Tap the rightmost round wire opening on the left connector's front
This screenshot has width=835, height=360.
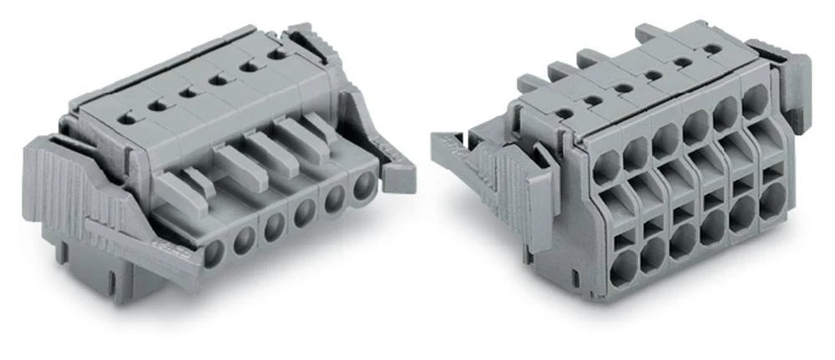[x=364, y=185]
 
